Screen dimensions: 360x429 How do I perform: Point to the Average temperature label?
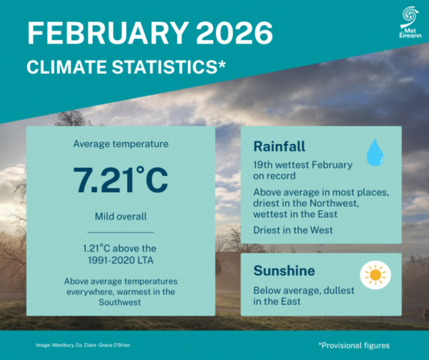tap(121, 143)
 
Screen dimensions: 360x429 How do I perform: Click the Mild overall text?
tap(121, 216)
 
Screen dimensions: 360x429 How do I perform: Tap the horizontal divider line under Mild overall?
tap(121, 233)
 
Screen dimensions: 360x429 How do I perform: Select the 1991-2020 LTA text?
tap(121, 260)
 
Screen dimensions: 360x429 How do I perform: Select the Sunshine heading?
tap(284, 271)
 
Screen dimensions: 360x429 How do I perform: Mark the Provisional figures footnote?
tap(354, 345)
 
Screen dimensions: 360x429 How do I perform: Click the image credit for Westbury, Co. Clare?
tap(84, 345)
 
